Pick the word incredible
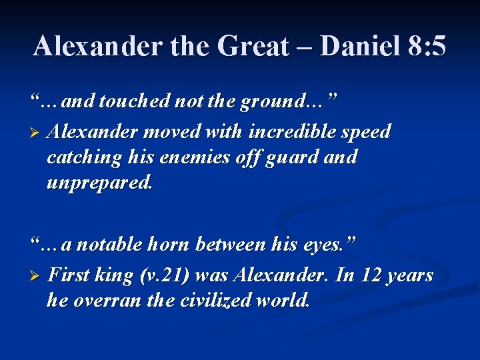(x=295, y=131)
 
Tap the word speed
(x=366, y=133)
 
